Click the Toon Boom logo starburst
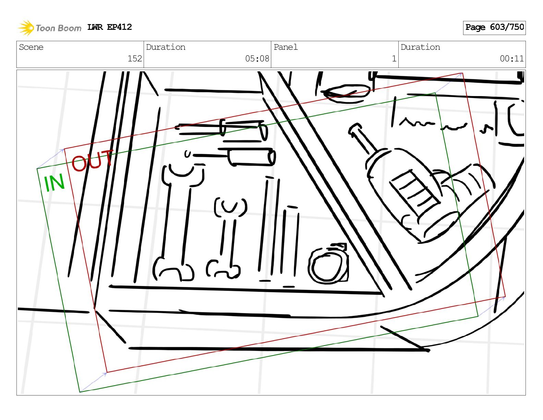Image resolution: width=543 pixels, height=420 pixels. tap(26, 28)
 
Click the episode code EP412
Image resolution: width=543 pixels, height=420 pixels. tap(119, 27)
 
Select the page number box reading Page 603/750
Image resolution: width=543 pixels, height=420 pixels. tap(494, 28)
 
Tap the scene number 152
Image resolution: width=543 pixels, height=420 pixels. tap(135, 59)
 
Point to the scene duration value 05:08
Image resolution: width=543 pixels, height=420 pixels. tap(257, 59)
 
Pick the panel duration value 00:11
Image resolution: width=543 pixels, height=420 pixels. tap(511, 59)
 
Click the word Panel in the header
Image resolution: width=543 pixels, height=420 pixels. tap(286, 47)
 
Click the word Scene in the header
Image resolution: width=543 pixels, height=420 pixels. tap(31, 47)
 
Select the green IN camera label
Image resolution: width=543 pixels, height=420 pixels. tap(54, 183)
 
